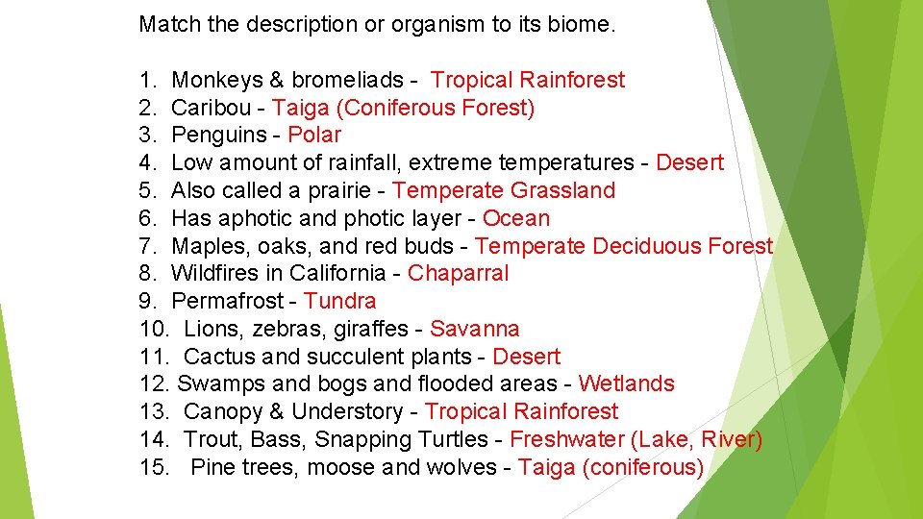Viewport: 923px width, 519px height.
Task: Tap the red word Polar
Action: click(314, 136)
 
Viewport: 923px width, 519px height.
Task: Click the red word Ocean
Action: click(516, 218)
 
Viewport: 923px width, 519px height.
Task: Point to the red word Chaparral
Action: click(458, 273)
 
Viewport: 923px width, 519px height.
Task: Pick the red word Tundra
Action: click(339, 301)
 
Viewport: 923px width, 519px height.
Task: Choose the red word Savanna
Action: click(474, 329)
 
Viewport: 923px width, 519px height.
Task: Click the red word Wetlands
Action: click(626, 383)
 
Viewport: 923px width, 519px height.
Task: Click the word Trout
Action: click(212, 439)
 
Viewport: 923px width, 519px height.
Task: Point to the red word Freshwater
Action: click(566, 439)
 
